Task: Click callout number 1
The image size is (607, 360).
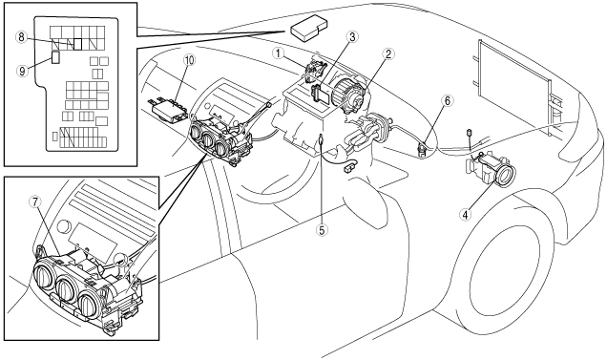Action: click(x=278, y=53)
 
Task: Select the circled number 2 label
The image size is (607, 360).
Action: click(x=387, y=54)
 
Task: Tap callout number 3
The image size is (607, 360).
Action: click(x=351, y=37)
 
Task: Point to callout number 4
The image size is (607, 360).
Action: click(x=466, y=213)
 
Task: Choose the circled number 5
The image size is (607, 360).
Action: click(x=322, y=229)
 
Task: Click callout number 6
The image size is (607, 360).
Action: click(x=447, y=101)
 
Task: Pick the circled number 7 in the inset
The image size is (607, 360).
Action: click(x=34, y=201)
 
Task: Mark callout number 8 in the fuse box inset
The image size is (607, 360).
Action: click(x=21, y=37)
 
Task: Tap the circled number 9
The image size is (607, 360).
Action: click(x=22, y=71)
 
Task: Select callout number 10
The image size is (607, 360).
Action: click(x=190, y=60)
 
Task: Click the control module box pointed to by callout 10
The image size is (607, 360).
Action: click(x=169, y=111)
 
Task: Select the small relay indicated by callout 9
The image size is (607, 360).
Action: click(x=55, y=57)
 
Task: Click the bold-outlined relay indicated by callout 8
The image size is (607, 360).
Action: click(x=78, y=44)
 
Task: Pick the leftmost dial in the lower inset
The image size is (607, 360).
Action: click(x=46, y=274)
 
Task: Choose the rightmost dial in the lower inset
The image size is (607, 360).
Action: click(x=92, y=305)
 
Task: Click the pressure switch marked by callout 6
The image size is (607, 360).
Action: click(x=422, y=150)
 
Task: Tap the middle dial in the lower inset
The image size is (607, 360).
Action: click(x=69, y=288)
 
